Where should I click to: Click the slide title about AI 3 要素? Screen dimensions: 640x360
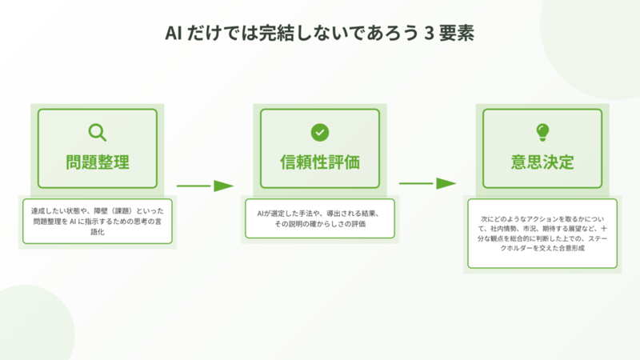(319, 33)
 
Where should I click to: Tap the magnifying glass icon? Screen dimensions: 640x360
(97, 132)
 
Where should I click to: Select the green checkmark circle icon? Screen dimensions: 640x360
(320, 132)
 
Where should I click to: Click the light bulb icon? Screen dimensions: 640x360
(542, 132)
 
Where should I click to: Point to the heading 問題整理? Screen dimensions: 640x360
(98, 162)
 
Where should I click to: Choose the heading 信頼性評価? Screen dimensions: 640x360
(320, 162)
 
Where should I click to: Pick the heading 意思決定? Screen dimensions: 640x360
(542, 162)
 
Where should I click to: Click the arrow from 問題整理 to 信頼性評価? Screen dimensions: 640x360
(205, 186)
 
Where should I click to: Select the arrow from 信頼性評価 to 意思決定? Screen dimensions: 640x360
(427, 184)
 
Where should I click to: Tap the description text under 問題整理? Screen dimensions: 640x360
(98, 222)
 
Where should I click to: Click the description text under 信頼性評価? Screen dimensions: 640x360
(320, 218)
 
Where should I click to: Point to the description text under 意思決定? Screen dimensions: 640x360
(542, 234)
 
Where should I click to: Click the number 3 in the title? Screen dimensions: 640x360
(429, 34)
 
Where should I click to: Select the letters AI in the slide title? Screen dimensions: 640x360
(174, 34)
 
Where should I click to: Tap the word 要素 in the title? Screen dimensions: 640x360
(457, 34)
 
